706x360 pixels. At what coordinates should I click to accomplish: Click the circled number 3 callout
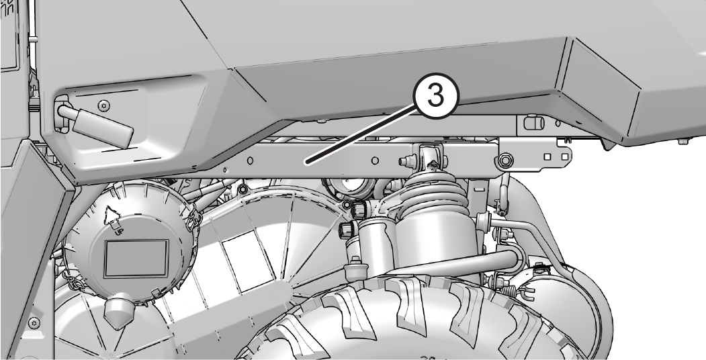[435, 97]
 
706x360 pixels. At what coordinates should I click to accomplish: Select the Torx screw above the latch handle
[105, 105]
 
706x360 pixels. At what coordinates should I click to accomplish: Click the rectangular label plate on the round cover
[136, 259]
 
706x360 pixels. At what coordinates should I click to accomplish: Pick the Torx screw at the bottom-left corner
[34, 322]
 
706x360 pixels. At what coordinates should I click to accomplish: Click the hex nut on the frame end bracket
[506, 159]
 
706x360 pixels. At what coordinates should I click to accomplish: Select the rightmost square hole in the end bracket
[564, 156]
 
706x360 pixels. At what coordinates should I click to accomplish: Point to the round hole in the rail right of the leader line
[375, 161]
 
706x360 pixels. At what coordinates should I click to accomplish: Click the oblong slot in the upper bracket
[532, 122]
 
